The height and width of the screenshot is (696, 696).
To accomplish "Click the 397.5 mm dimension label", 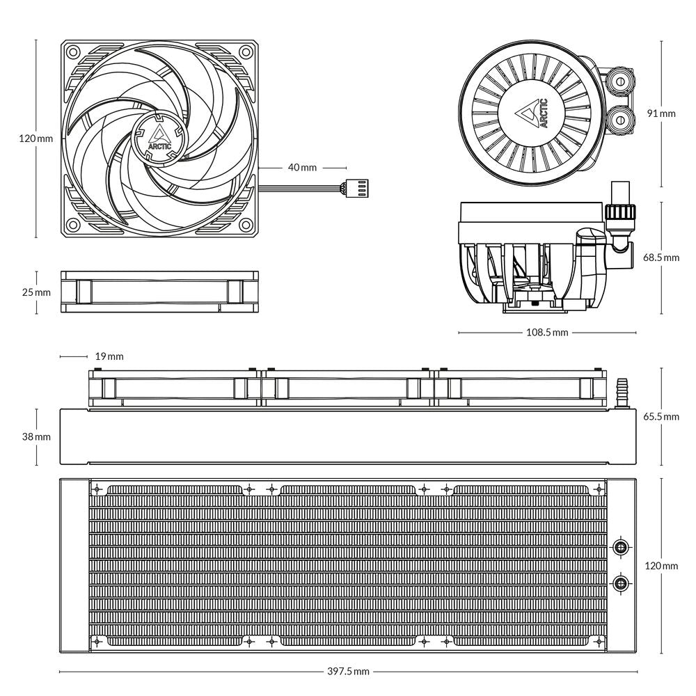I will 348,672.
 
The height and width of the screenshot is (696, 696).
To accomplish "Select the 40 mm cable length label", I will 302,168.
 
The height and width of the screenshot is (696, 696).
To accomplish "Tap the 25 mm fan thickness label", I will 36,292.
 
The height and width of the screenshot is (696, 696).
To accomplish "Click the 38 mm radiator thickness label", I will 36,436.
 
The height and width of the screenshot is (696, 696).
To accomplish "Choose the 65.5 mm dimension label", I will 661,417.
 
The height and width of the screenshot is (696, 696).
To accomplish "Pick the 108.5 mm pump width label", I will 546,333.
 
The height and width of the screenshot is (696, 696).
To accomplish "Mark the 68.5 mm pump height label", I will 661,258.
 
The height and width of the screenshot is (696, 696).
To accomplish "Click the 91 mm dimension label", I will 661,113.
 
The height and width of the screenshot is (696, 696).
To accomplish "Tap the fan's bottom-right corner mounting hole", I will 245,226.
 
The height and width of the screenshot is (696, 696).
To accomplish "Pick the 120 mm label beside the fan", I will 36,139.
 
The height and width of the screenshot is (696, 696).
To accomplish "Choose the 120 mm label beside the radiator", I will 661,566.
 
